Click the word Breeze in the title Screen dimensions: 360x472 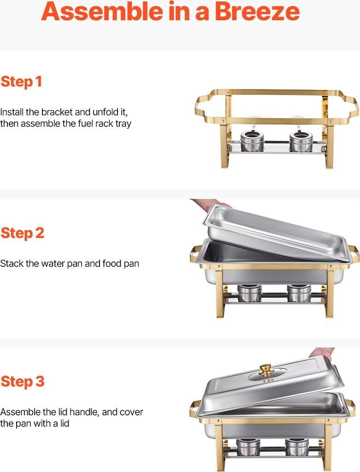pyautogui.click(x=257, y=11)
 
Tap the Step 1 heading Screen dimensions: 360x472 pyautogui.click(x=21, y=82)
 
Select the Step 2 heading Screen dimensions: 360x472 pyautogui.click(x=22, y=233)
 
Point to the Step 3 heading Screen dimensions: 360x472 pyautogui.click(x=22, y=381)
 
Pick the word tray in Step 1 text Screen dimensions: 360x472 pyautogui.click(x=124, y=124)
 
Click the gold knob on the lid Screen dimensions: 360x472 pyautogui.click(x=265, y=370)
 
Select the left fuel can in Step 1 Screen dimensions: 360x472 pyautogui.click(x=252, y=141)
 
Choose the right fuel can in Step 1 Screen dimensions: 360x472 pyautogui.click(x=301, y=141)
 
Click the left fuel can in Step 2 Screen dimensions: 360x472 pyautogui.click(x=249, y=293)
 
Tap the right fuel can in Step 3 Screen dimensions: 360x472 pyautogui.click(x=297, y=447)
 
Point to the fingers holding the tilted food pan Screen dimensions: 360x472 pyautogui.click(x=211, y=204)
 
